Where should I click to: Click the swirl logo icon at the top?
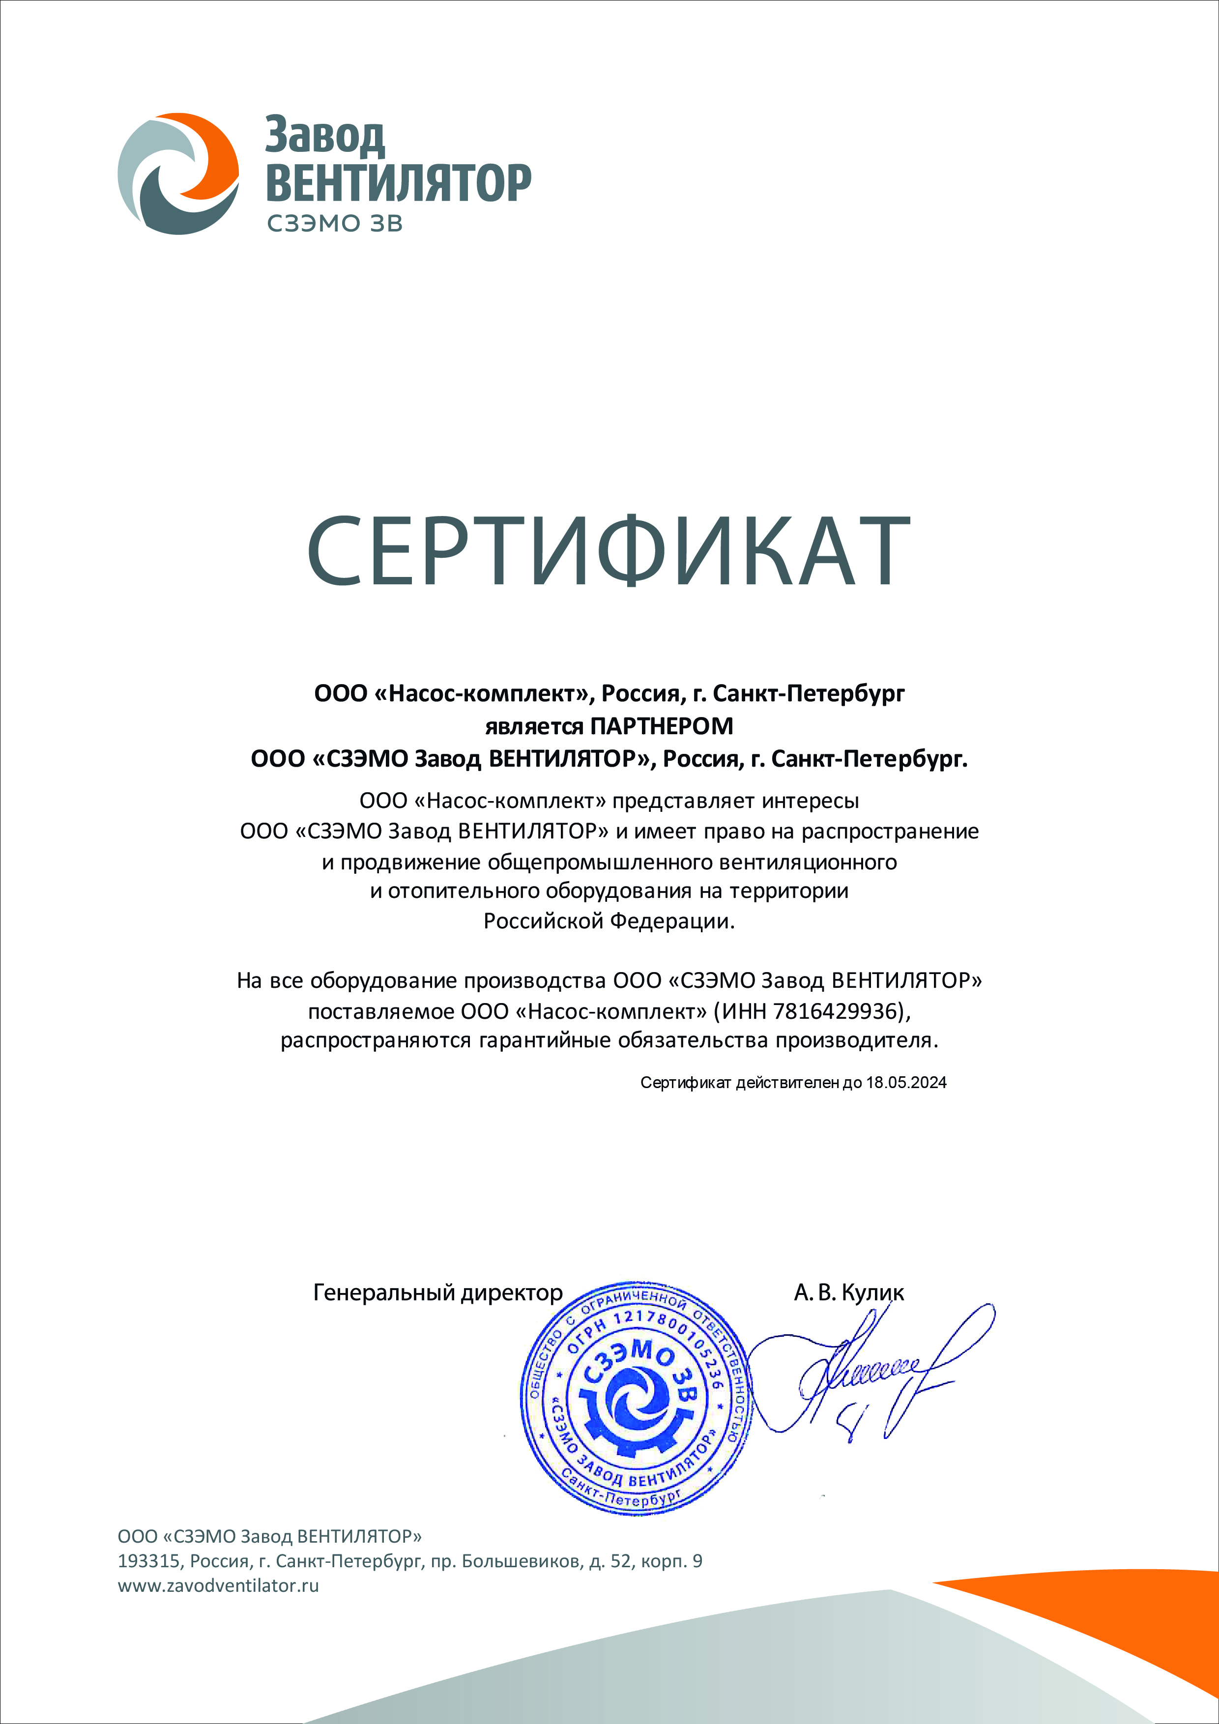(x=178, y=173)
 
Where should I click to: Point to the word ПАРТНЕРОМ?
(x=662, y=726)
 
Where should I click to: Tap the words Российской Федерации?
(x=609, y=921)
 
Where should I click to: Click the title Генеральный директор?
(x=437, y=1292)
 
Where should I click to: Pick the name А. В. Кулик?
(x=849, y=1292)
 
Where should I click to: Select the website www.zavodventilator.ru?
(x=218, y=1586)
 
